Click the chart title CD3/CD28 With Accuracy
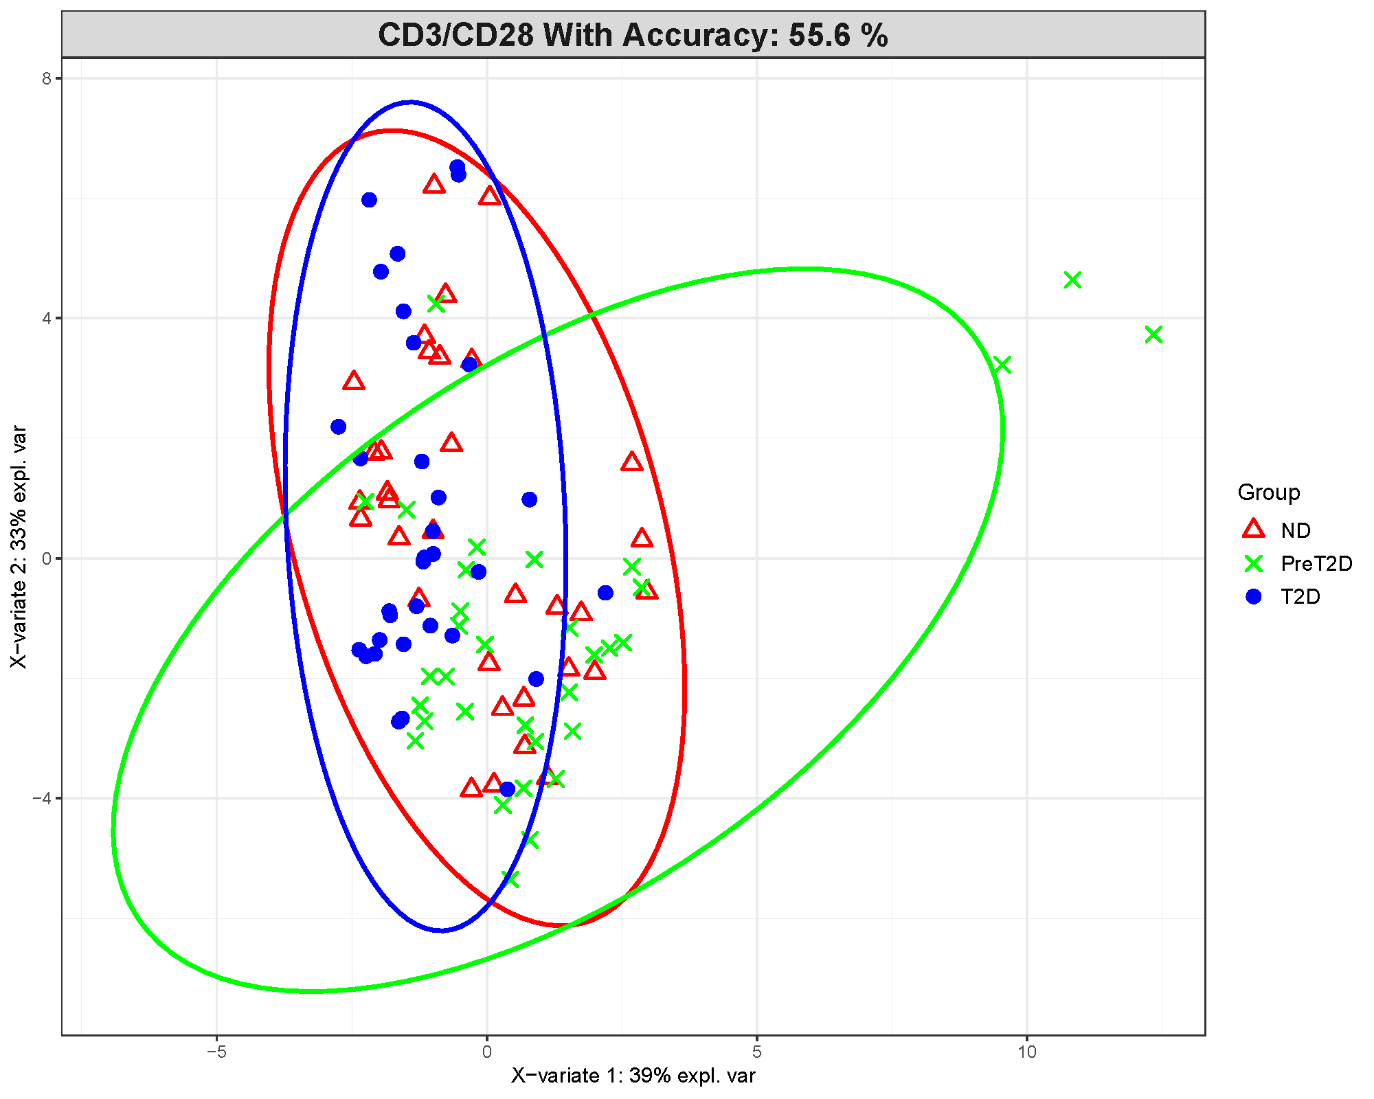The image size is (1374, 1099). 632,35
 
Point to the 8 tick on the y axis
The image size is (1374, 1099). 47,78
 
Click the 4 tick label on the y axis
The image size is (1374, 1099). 47,319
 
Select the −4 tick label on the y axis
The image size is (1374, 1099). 43,799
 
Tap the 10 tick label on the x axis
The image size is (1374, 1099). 1026,1052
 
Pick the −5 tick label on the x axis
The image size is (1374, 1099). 216,1052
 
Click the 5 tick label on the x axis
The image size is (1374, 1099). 756,1052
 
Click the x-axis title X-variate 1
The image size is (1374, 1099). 633,1076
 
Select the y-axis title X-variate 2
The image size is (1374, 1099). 19,547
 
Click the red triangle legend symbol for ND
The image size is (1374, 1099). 1254,529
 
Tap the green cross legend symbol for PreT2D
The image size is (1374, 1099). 1254,563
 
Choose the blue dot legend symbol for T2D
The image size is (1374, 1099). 1254,596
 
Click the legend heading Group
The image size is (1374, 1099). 1268,492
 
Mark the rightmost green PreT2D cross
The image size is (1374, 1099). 1153,335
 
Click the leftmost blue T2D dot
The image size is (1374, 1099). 338,427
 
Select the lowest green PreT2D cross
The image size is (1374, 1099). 510,880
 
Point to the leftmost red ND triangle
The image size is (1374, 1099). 353,381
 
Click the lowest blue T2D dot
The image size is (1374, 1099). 507,789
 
